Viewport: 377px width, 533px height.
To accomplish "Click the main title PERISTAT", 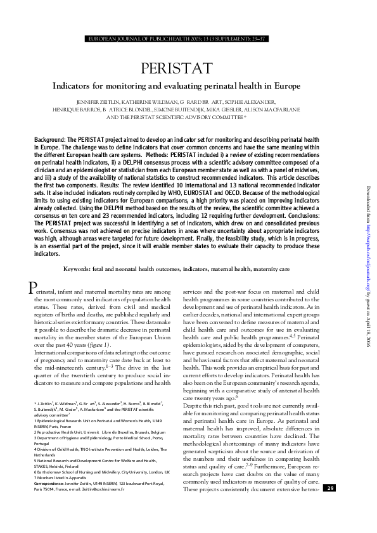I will point(188,68).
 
